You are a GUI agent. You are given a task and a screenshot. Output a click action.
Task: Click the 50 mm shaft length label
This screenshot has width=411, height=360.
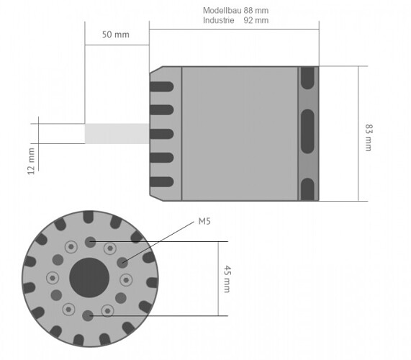click(116, 35)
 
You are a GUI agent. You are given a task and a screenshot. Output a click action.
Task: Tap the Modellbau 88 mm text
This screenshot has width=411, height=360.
click(235, 11)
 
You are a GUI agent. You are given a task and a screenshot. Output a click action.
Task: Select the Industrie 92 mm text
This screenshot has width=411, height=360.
click(235, 20)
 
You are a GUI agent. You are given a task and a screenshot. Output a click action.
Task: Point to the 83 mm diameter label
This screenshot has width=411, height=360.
click(369, 138)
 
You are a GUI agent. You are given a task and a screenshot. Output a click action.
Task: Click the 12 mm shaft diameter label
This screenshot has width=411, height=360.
click(31, 161)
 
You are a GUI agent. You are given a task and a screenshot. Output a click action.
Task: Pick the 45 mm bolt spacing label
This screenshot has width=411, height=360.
click(227, 279)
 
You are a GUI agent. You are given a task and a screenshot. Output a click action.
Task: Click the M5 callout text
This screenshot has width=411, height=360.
click(204, 222)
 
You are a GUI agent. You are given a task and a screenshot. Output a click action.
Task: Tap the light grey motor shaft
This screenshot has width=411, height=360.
click(117, 133)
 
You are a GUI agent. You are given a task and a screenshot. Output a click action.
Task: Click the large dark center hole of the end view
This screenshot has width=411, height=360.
click(89, 277)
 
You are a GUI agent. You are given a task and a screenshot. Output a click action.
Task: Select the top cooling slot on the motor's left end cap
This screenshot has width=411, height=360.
click(162, 86)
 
